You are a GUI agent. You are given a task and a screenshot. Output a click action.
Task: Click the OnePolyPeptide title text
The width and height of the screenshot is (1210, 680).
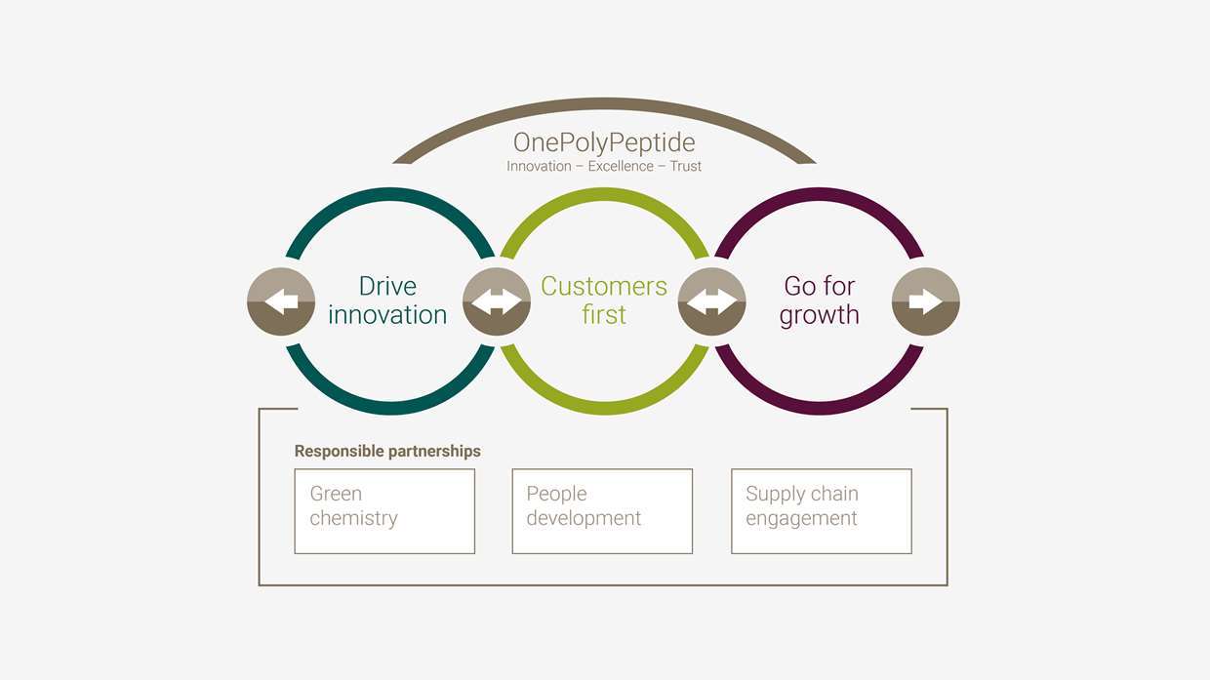click(604, 143)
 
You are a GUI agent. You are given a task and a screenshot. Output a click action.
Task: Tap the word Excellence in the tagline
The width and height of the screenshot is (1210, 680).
click(621, 167)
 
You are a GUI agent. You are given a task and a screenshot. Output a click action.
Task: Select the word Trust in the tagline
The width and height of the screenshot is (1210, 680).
click(685, 167)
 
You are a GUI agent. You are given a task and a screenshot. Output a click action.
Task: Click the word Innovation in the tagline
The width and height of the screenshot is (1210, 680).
click(539, 167)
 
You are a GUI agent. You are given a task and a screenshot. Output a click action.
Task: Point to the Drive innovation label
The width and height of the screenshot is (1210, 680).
click(387, 300)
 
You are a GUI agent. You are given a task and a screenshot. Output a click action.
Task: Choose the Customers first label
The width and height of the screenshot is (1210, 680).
click(604, 300)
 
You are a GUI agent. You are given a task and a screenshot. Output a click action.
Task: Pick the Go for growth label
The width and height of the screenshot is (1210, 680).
click(819, 300)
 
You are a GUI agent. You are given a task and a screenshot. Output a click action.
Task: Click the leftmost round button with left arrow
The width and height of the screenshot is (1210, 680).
click(281, 301)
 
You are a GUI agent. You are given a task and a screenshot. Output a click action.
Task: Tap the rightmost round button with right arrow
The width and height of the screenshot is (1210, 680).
click(925, 301)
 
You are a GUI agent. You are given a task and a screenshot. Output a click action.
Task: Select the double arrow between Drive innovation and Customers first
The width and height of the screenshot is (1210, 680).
click(497, 301)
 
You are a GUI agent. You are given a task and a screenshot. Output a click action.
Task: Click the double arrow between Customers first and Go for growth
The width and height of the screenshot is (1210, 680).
click(711, 301)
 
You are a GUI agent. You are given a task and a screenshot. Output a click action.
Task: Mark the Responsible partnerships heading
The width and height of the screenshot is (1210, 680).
click(387, 451)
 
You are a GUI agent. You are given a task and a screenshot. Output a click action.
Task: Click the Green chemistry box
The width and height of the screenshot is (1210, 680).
click(384, 511)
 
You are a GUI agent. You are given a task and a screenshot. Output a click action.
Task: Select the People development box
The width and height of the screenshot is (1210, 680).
click(602, 511)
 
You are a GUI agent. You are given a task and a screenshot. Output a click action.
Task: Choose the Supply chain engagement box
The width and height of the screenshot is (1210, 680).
click(822, 511)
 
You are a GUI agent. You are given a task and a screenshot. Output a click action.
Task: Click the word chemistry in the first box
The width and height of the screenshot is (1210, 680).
click(354, 518)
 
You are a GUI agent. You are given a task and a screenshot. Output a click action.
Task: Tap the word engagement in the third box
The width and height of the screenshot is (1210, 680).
click(801, 519)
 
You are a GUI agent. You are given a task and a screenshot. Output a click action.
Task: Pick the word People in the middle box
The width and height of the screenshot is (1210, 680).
click(556, 494)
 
